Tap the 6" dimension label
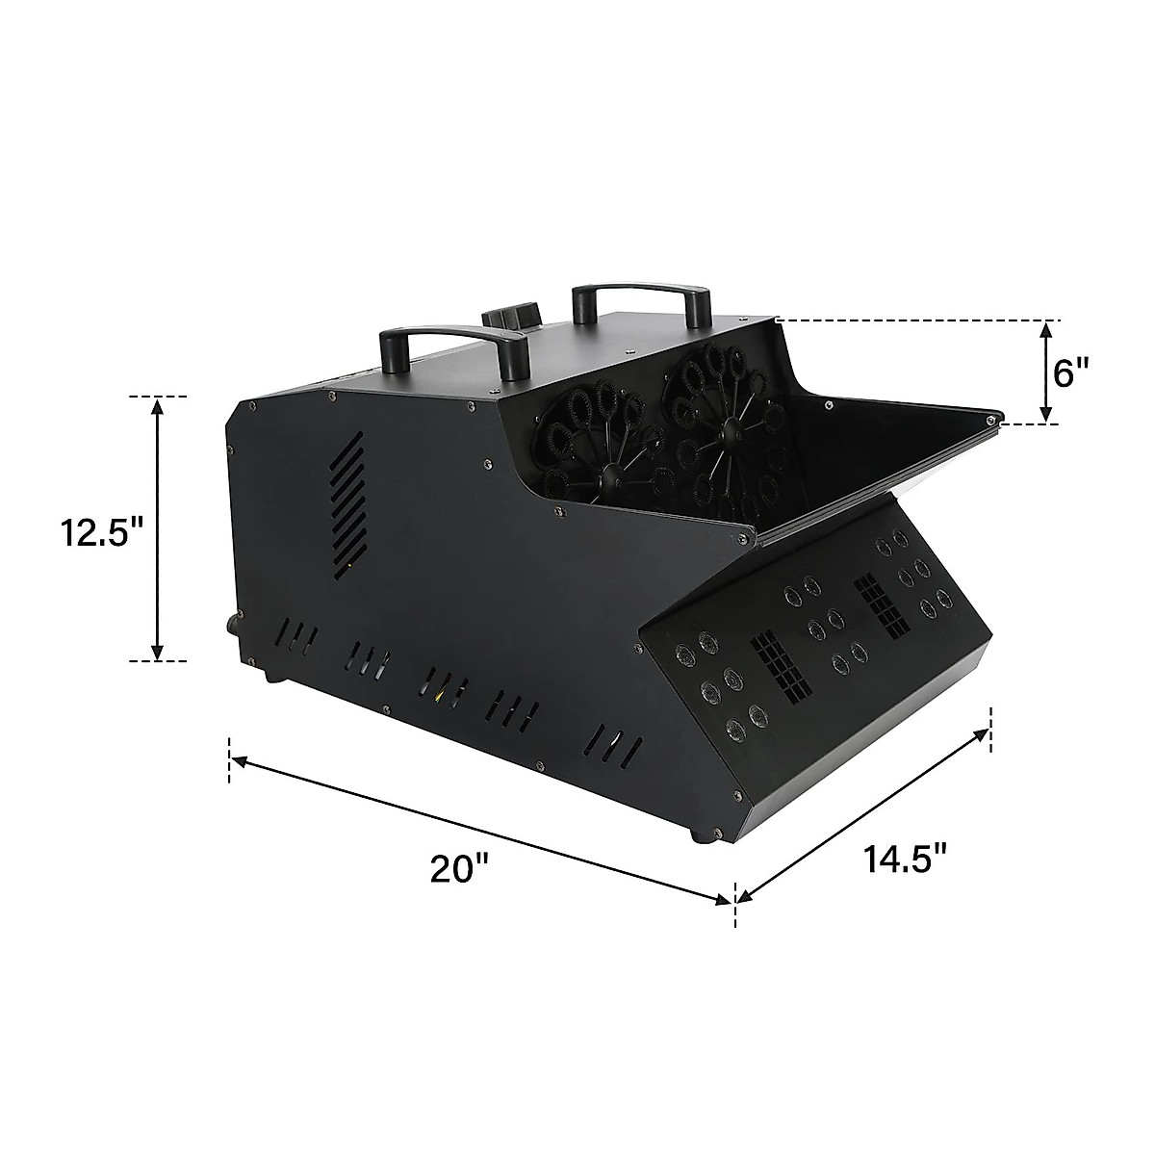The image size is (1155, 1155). [x=1071, y=374]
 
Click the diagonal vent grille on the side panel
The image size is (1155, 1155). [x=348, y=506]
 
